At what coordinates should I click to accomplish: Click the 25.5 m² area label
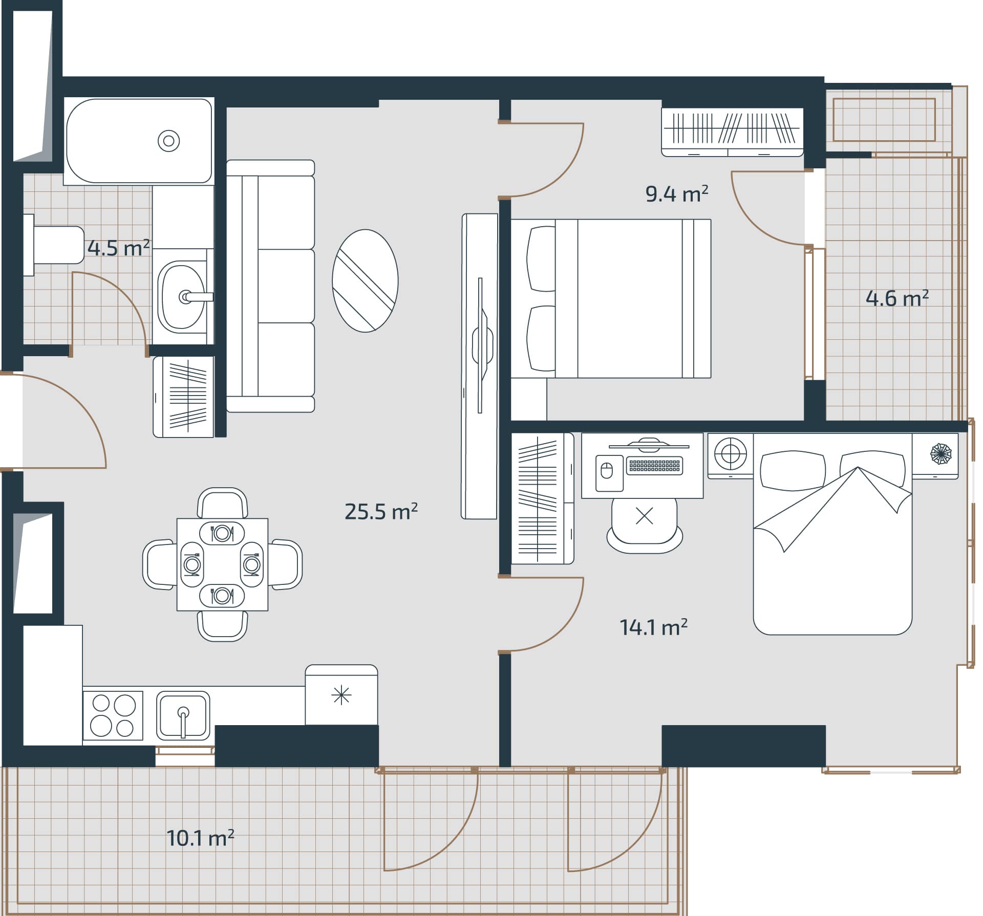(381, 511)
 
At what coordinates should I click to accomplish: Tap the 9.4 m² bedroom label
(676, 194)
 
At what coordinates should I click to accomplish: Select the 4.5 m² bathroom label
(118, 248)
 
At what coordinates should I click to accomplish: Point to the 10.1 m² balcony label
(200, 838)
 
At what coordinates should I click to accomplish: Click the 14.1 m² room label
(653, 627)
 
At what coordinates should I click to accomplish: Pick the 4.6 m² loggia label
(897, 298)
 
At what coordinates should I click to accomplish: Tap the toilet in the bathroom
(56, 245)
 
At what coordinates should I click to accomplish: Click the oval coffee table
(365, 281)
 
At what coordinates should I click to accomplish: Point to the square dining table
(222, 564)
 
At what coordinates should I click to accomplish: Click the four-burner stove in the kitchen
(113, 715)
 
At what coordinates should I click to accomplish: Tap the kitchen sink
(183, 715)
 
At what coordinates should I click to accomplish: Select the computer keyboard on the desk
(654, 465)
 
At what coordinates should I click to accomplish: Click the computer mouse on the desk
(606, 470)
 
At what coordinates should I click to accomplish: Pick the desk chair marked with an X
(644, 522)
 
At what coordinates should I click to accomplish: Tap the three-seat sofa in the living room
(270, 286)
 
